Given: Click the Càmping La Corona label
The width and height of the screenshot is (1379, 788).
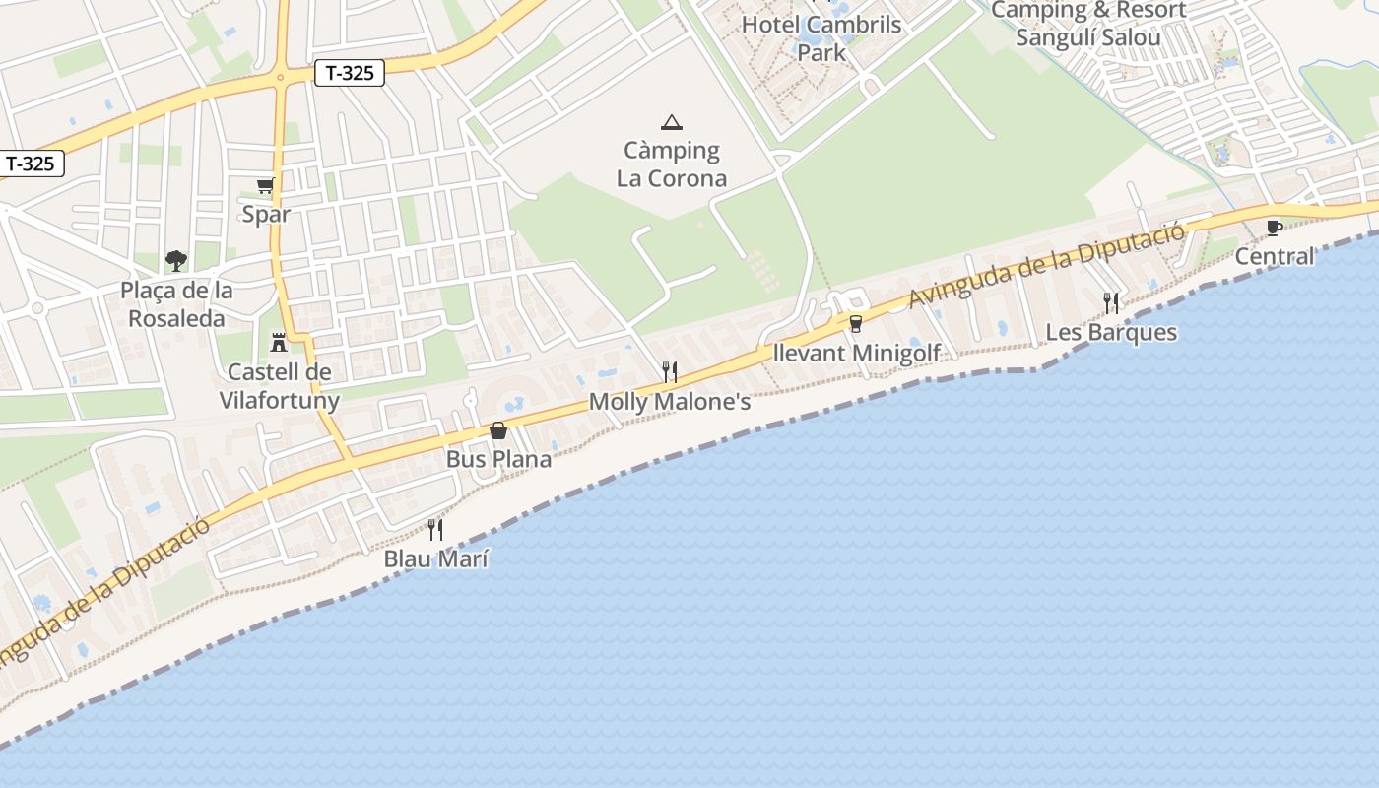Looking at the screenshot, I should (x=672, y=164).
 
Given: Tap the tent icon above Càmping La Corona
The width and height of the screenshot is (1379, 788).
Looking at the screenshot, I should (x=672, y=122).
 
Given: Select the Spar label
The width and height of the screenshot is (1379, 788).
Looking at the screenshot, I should (x=266, y=215).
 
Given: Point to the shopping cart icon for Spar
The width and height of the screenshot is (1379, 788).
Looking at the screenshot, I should (x=265, y=185).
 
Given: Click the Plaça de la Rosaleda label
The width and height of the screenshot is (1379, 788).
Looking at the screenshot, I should (x=177, y=304).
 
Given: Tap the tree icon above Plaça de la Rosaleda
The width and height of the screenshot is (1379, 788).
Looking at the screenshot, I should (x=176, y=260).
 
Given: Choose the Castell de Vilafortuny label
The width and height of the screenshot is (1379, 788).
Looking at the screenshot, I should (x=279, y=386).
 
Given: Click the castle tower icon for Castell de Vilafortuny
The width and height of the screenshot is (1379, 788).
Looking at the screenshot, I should (x=279, y=342).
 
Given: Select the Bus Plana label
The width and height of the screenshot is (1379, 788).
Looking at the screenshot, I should (x=498, y=459).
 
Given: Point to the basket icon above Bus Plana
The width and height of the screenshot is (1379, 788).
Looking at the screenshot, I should (x=498, y=430).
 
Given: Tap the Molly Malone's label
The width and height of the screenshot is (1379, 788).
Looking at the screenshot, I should (x=670, y=402).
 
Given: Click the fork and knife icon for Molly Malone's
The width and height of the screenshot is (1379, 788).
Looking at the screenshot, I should (x=670, y=371).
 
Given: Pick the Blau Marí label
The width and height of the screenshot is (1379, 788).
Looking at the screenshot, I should (x=435, y=559).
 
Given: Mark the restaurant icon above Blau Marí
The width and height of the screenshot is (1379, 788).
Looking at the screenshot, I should (x=435, y=530).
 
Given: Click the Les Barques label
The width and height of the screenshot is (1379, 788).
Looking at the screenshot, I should (x=1111, y=332).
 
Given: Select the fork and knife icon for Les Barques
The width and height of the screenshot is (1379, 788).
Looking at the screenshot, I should (x=1111, y=302).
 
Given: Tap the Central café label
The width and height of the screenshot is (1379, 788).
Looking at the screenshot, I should (x=1275, y=256).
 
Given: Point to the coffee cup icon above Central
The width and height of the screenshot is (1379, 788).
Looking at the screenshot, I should (x=1275, y=228).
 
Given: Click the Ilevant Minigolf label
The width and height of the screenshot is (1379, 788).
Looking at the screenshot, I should (x=856, y=353).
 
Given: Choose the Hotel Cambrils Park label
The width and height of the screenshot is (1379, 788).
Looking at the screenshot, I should (x=821, y=37).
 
